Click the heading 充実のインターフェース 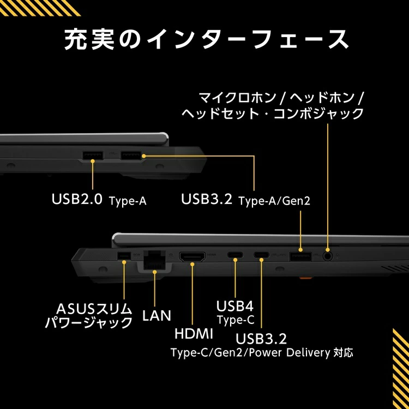[204, 40]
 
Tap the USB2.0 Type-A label [99, 200]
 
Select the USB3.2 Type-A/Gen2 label [245, 200]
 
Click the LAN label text [157, 315]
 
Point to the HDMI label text [194, 333]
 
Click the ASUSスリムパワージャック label [88, 316]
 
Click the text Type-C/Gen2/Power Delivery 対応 [262, 352]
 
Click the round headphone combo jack [327, 254]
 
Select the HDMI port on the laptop [193, 256]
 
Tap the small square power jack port [124, 256]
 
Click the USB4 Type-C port [236, 255]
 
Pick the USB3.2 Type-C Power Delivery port [261, 255]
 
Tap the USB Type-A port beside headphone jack [300, 255]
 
